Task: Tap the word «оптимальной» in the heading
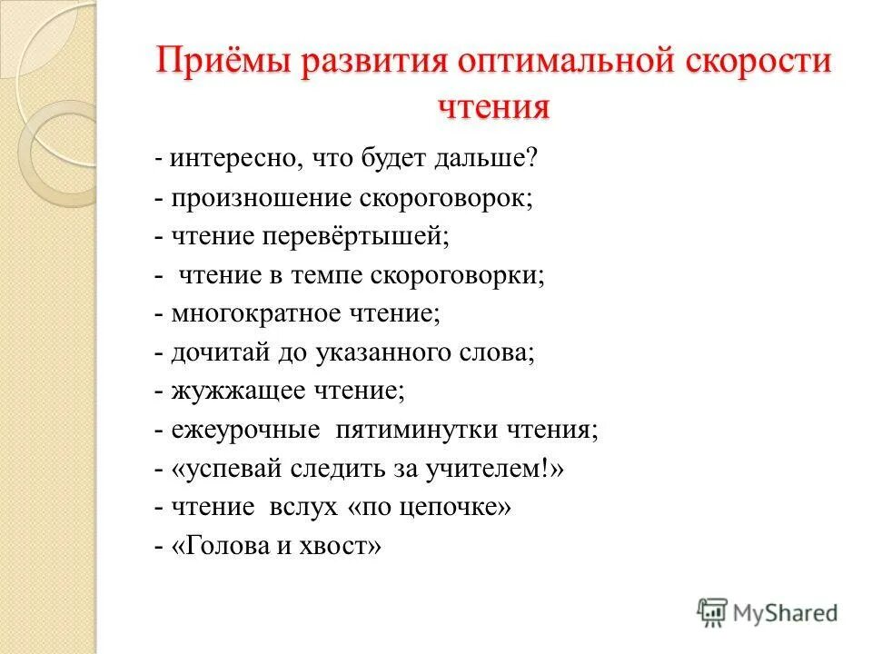(x=526, y=64)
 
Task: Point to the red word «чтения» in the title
(x=494, y=107)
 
